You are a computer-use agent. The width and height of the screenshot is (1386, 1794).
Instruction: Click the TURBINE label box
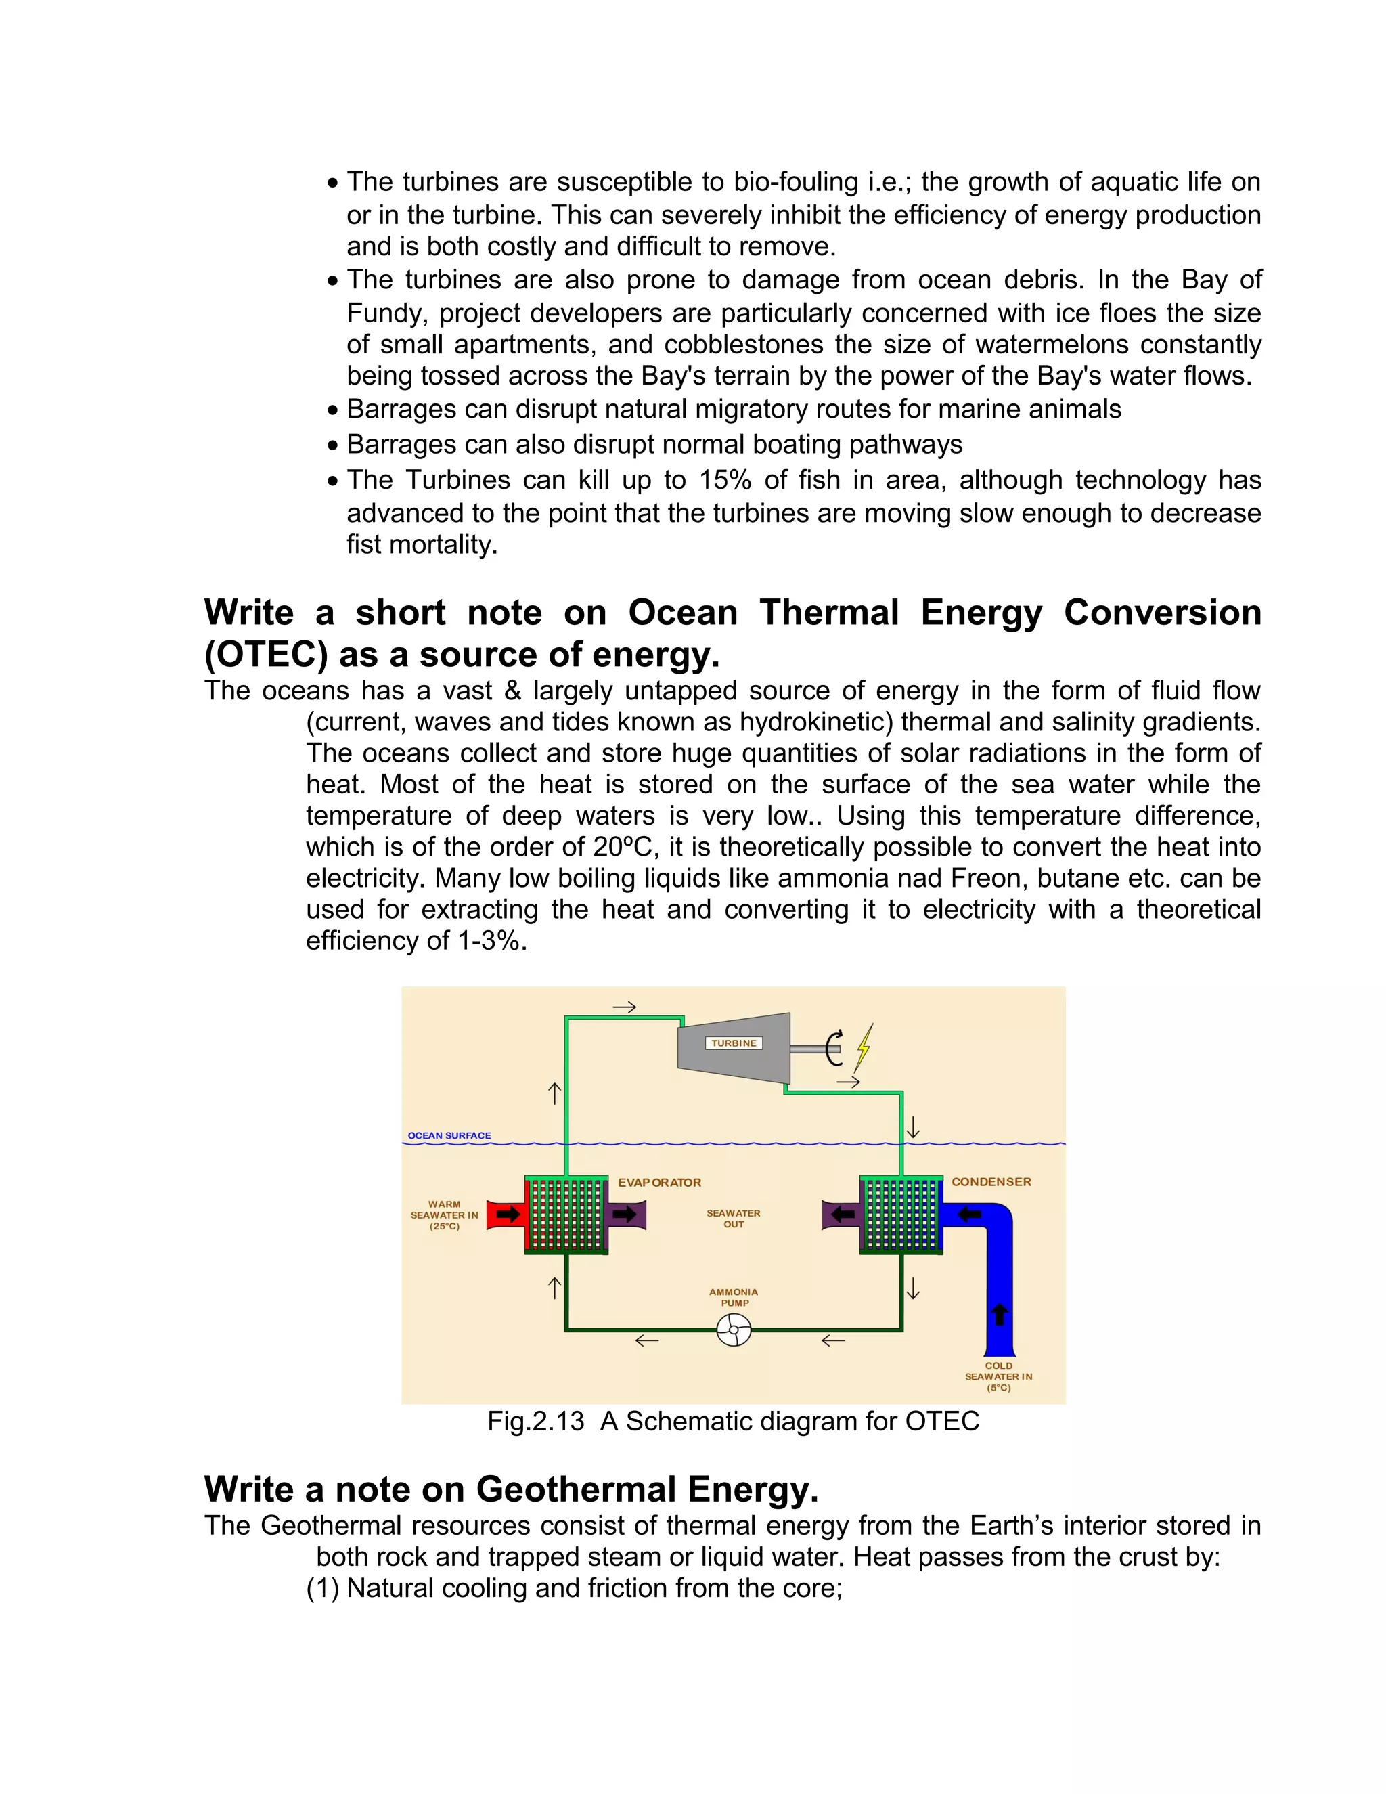pos(733,1043)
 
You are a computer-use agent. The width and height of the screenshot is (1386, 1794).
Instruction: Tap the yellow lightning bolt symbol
pos(864,1047)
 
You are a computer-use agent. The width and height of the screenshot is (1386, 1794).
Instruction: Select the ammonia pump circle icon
pos(733,1330)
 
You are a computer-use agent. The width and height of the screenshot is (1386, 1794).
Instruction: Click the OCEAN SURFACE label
pos(449,1135)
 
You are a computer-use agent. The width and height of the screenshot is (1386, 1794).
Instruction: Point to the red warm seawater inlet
pos(505,1215)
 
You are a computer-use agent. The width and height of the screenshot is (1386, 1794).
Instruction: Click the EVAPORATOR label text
pos(659,1183)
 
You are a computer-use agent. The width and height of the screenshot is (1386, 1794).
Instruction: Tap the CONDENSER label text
pos(991,1182)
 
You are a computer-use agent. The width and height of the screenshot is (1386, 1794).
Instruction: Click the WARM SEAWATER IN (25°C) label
pos(444,1215)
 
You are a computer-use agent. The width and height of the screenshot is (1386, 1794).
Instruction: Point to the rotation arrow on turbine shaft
pos(834,1048)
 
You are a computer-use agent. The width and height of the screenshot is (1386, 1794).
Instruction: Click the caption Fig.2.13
pos(535,1421)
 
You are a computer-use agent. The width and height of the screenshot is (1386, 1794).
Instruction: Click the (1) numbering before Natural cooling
pos(323,1588)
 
